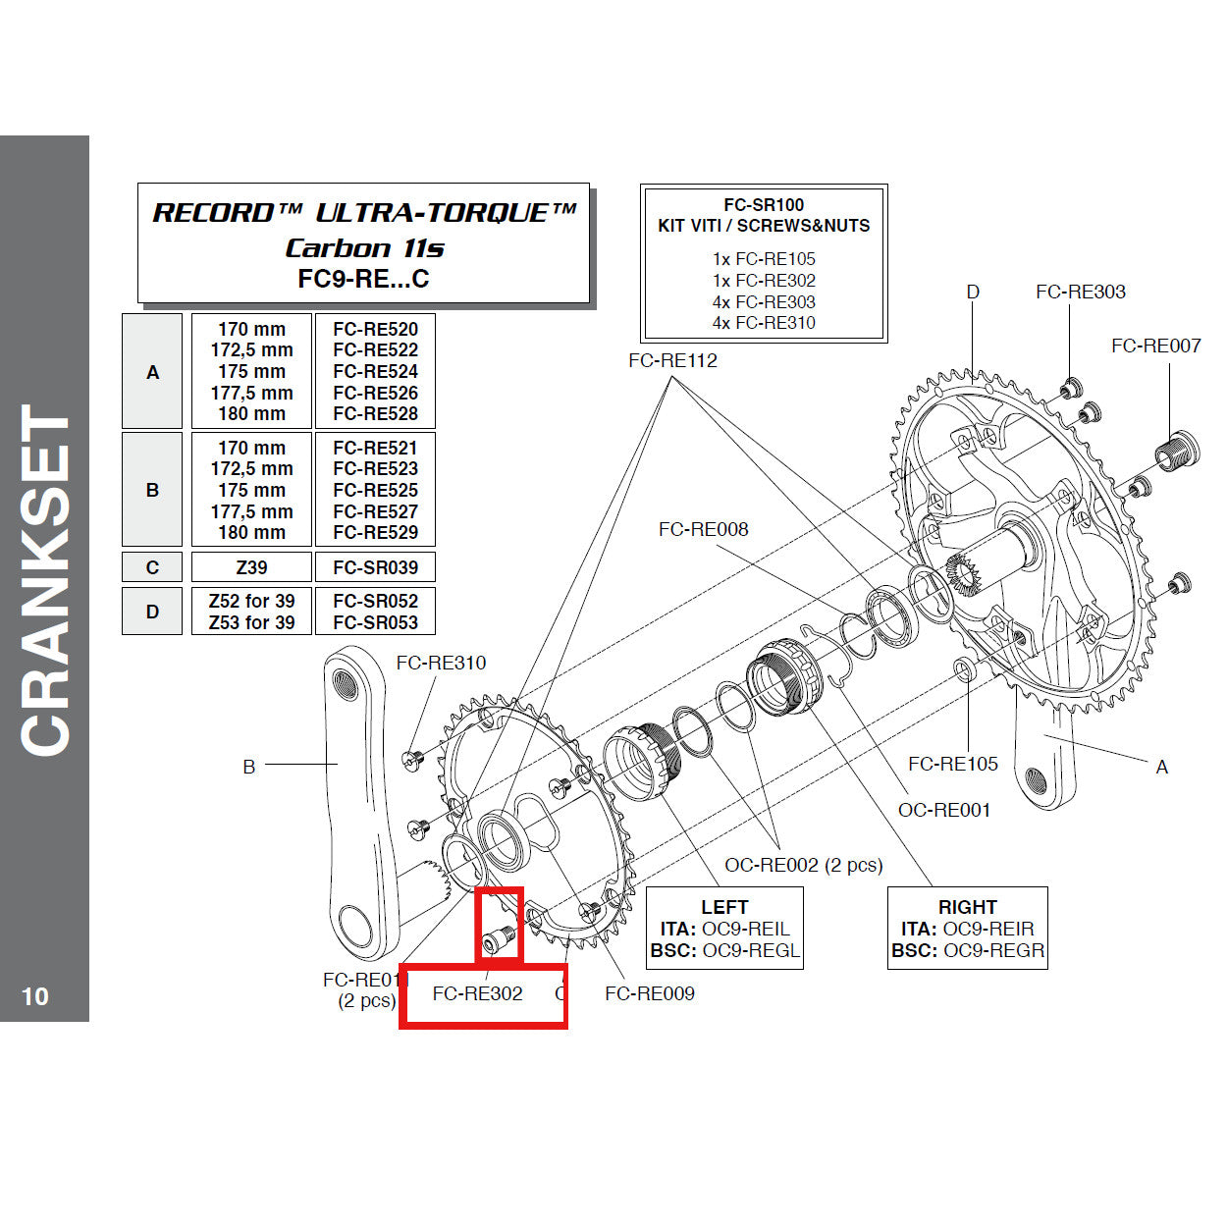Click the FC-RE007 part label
point(1155,346)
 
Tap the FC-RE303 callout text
point(1080,292)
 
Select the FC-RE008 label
point(703,529)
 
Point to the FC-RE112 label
point(672,360)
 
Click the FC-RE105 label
point(952,764)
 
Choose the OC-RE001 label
point(943,810)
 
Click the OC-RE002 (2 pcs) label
point(803,865)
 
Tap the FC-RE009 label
point(649,993)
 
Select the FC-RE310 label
point(441,663)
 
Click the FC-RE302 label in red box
point(477,993)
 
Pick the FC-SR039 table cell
point(375,567)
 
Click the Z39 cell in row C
point(251,567)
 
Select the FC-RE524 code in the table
point(375,371)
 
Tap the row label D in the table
point(152,612)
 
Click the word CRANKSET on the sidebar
point(45,579)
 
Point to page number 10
point(34,996)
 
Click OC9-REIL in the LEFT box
point(745,929)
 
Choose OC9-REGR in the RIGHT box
point(993,950)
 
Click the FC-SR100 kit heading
point(764,205)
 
